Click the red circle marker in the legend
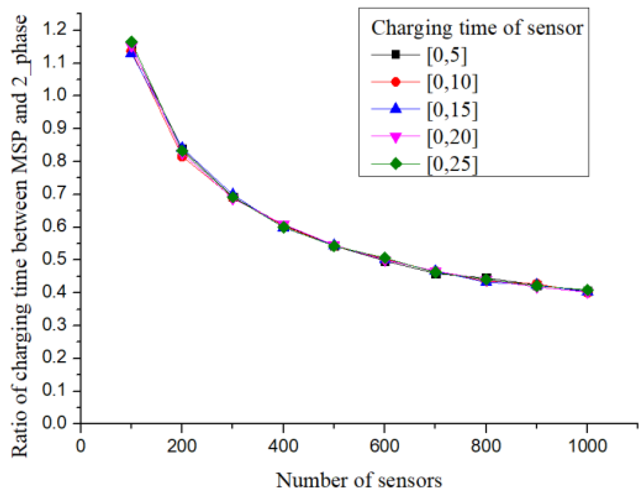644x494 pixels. [395, 82]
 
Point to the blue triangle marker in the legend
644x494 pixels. [395, 109]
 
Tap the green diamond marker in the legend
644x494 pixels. [396, 164]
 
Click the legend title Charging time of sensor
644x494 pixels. [477, 28]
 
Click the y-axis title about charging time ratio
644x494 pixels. [20, 236]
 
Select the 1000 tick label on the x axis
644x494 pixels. [587, 446]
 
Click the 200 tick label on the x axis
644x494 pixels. [182, 446]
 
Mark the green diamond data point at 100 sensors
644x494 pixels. [132, 42]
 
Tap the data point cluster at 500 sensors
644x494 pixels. [334, 246]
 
